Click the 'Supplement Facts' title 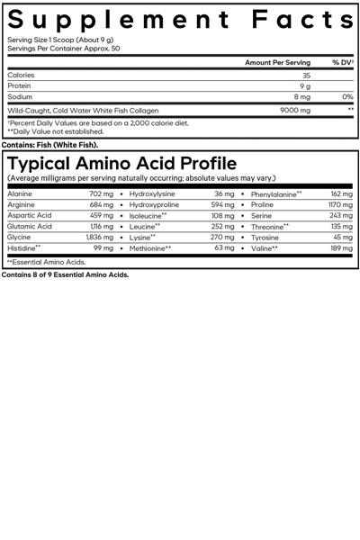click(180, 20)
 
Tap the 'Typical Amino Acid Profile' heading click(121, 164)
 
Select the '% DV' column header click(342, 63)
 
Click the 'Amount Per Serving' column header click(277, 63)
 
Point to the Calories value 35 click(306, 76)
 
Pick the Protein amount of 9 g click(306, 86)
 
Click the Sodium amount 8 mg click(302, 97)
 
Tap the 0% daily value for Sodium click(347, 97)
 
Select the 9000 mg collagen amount click(295, 111)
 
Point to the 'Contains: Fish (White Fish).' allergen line click(50, 145)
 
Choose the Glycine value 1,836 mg click(100, 237)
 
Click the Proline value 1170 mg click(340, 204)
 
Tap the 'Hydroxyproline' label click(154, 204)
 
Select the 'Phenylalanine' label click(275, 193)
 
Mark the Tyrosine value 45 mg click(343, 237)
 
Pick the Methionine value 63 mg click(224, 247)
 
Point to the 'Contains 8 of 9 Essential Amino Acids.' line click(65, 275)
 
